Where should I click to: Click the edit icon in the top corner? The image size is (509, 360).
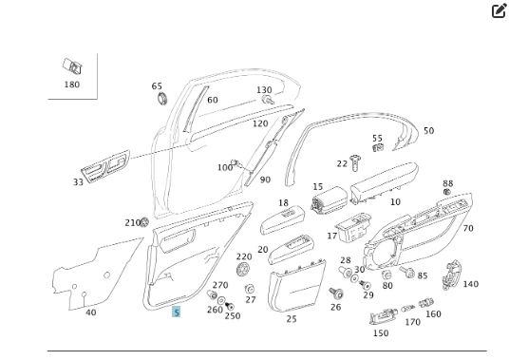pyautogui.click(x=499, y=10)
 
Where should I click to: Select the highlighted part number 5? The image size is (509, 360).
pyautogui.click(x=176, y=312)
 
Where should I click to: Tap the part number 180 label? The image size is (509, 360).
pyautogui.click(x=72, y=85)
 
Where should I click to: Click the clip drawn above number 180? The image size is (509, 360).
pyautogui.click(x=72, y=66)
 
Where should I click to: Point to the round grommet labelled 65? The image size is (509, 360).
pyautogui.click(x=162, y=99)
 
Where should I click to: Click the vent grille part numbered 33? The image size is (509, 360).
pyautogui.click(x=105, y=166)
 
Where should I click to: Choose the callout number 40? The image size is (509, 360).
pyautogui.click(x=90, y=313)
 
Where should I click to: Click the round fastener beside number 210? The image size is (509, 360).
pyautogui.click(x=144, y=222)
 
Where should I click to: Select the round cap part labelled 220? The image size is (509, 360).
pyautogui.click(x=242, y=269)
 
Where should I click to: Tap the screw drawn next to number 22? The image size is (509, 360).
pyautogui.click(x=355, y=162)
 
